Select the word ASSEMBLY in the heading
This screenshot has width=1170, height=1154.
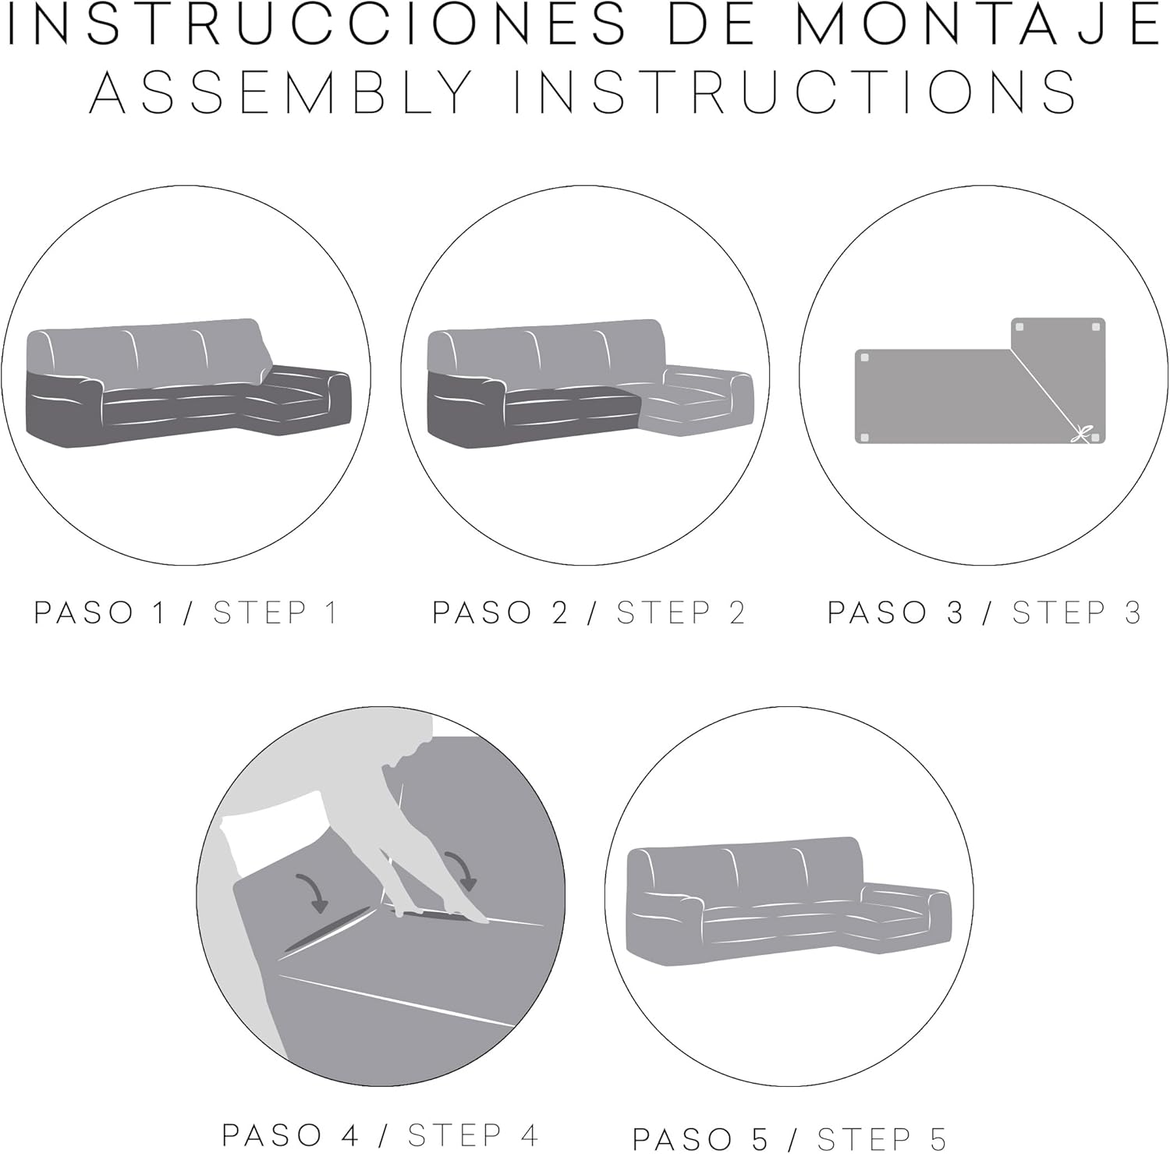point(281,92)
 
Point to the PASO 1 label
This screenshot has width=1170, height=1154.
point(101,613)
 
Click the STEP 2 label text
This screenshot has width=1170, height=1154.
point(681,613)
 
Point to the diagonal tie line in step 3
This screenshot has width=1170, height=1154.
point(1045,390)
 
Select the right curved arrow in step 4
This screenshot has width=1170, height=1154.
point(461,868)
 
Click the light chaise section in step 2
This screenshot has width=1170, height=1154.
point(694,398)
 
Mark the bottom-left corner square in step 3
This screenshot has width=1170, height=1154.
point(863,439)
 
